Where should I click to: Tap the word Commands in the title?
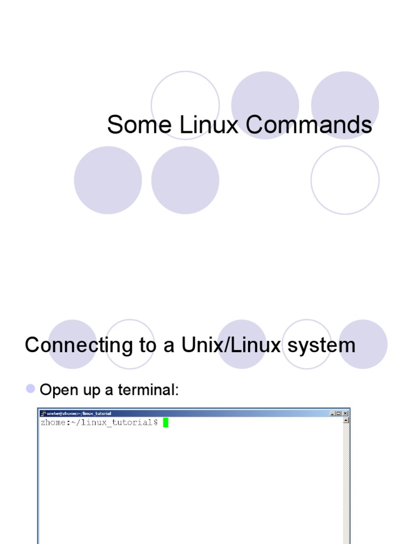pyautogui.click(x=309, y=125)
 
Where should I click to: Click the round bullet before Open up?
pyautogui.click(x=31, y=389)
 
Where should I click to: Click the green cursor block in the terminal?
pyautogui.click(x=166, y=423)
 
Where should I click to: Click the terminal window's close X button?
pyautogui.click(x=345, y=413)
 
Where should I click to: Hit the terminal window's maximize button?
pyautogui.click(x=338, y=413)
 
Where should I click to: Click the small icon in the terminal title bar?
pyautogui.click(x=43, y=413)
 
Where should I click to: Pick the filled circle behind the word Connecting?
pyautogui.click(x=72, y=344)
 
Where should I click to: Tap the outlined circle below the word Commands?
pyautogui.click(x=345, y=180)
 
